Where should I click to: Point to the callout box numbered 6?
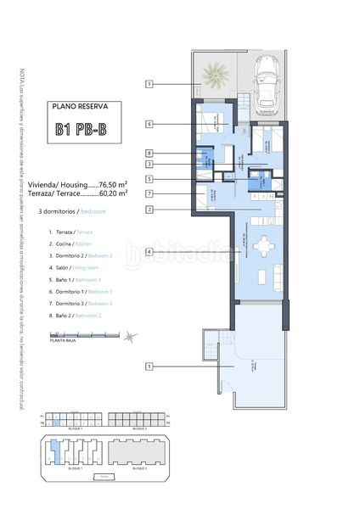click(149, 124)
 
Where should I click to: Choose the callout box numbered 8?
click(149, 153)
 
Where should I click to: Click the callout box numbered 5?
click(149, 179)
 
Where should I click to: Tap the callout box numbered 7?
click(149, 194)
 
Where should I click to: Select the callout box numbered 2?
click(149, 209)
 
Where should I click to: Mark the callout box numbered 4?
click(149, 251)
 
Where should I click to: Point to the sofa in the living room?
click(276, 273)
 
